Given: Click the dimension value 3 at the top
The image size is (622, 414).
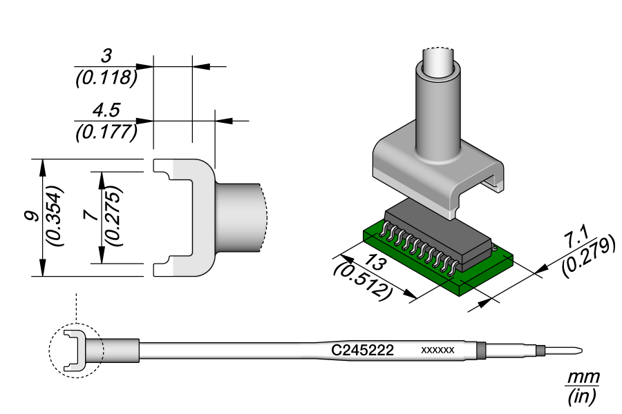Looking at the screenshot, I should click(105, 55).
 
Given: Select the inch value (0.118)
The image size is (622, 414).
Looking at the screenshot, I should click(105, 77).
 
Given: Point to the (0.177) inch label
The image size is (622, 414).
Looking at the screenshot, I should click(105, 131).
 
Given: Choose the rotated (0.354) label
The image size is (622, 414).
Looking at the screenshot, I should click(53, 215).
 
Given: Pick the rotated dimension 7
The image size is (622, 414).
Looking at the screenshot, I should click(90, 215).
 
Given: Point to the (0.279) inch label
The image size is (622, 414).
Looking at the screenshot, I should click(588, 258).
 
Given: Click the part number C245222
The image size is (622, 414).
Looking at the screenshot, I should click(363, 351).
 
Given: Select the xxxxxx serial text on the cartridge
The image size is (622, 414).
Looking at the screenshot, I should click(437, 351).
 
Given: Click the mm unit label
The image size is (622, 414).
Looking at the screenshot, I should click(583, 377).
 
